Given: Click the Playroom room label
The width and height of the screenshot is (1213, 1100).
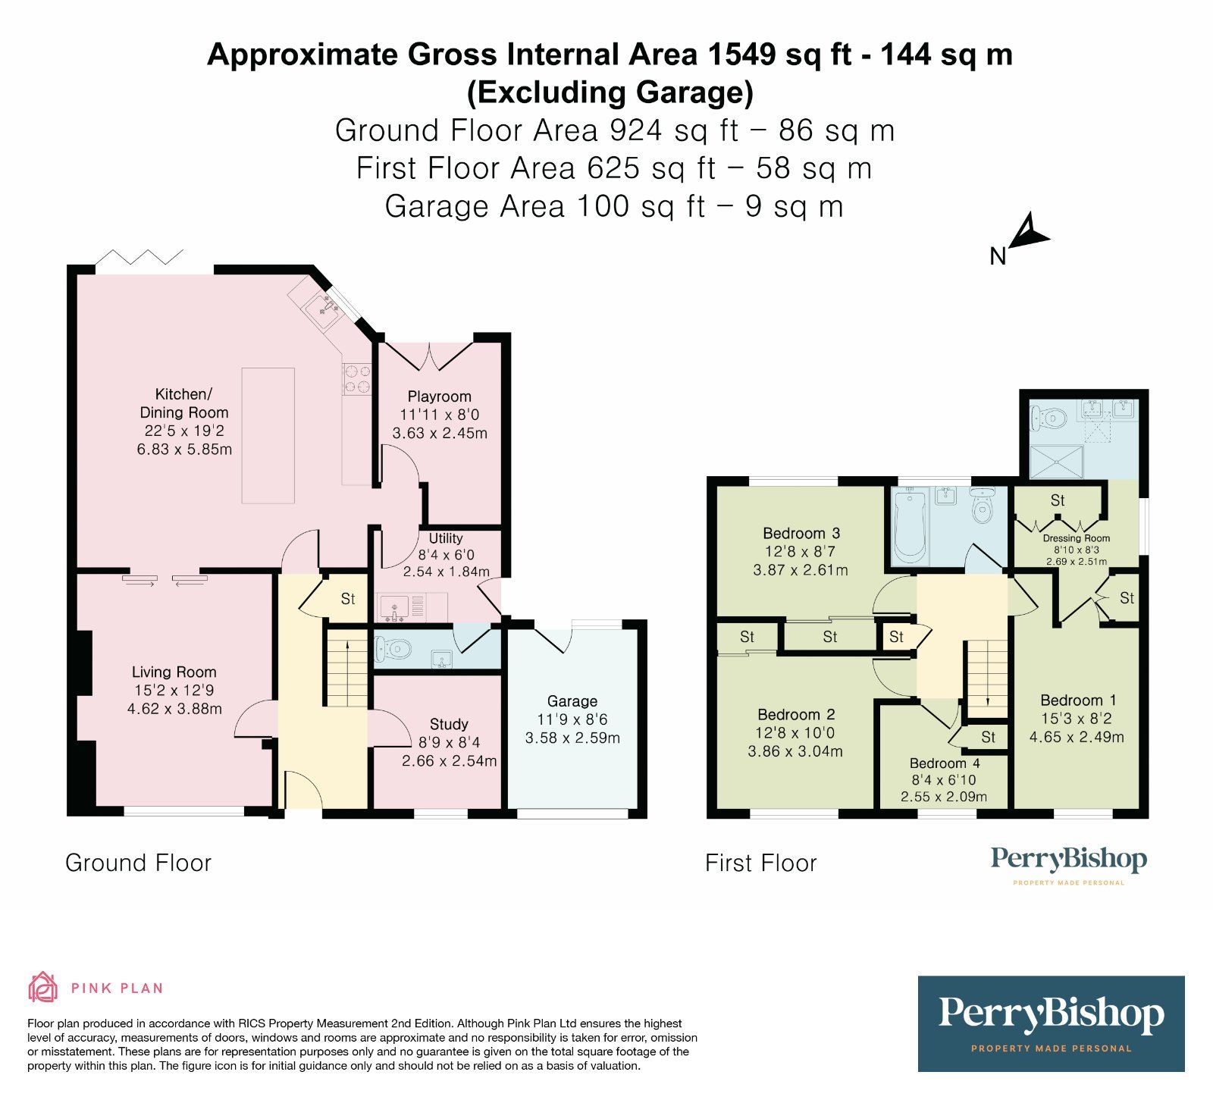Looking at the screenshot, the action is [439, 396].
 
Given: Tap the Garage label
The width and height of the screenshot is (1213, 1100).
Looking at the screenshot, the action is [572, 701].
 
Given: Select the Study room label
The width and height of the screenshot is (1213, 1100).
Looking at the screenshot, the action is [449, 724].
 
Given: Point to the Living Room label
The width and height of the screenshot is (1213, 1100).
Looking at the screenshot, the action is [174, 672].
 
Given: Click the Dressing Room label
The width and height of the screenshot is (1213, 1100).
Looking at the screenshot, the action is [1076, 538].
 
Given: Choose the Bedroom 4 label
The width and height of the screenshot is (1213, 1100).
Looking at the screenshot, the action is [945, 763].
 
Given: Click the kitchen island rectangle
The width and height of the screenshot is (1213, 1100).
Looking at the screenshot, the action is [268, 435].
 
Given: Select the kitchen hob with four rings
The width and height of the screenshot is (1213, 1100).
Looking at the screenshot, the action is [357, 379].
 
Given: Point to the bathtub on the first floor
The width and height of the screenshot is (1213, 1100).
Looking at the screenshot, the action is [910, 525].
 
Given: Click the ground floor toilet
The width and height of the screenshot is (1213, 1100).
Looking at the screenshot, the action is [393, 649].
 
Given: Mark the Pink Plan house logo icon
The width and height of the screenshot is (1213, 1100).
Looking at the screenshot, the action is [43, 988].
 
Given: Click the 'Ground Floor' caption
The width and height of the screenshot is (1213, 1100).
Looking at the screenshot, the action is [138, 863].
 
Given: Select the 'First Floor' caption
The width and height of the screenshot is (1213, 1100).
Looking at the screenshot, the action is [761, 863].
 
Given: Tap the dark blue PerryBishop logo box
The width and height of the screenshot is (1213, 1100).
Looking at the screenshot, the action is [1051, 1023].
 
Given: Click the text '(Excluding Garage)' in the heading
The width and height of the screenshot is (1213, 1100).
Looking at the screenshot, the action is [610, 92].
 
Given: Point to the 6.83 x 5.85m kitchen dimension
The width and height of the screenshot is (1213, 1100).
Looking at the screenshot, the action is [184, 449].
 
